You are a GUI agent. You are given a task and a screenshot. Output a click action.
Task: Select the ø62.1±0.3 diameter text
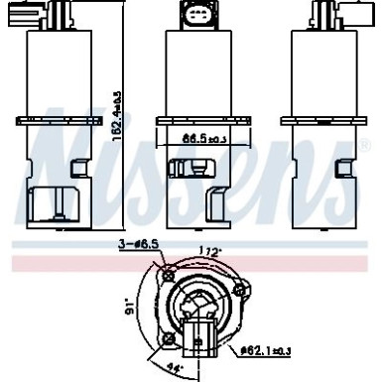[x=268, y=348]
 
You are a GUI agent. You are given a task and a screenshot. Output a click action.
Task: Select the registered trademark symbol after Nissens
[x=365, y=147]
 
